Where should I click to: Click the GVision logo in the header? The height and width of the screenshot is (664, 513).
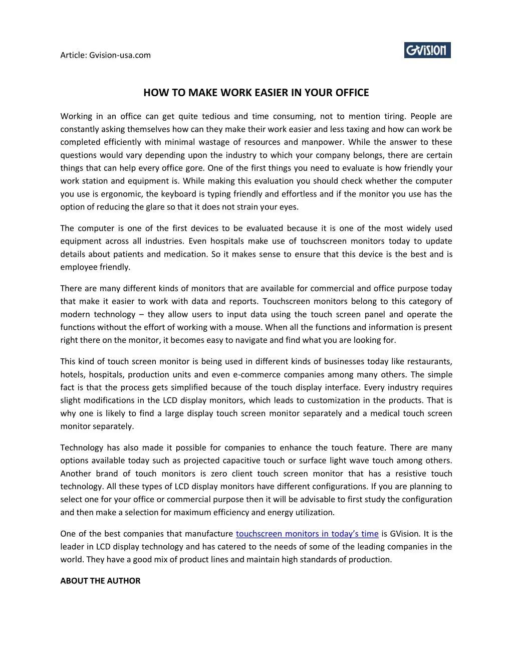427,50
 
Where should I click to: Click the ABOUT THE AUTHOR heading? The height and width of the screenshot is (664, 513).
100,581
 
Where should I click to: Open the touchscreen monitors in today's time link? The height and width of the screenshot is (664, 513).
307,534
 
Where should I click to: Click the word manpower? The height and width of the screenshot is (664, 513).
321,142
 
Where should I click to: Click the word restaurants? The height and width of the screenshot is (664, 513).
429,361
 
